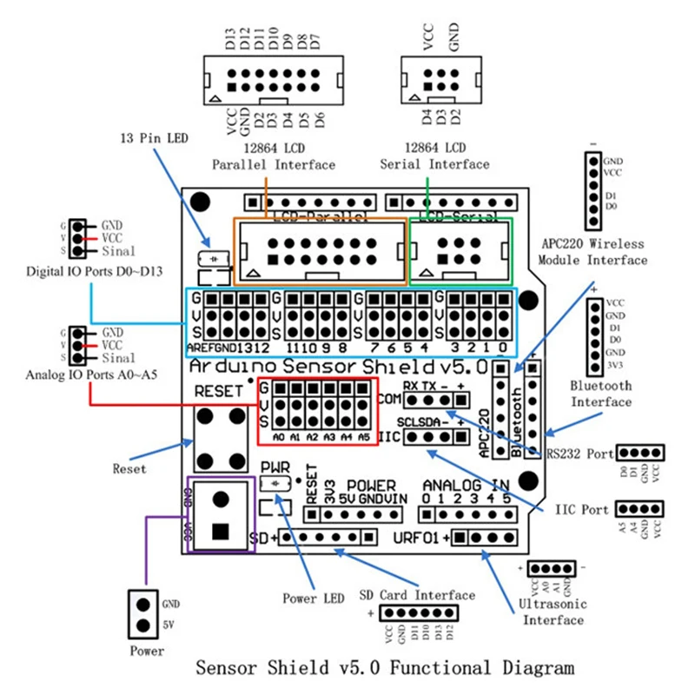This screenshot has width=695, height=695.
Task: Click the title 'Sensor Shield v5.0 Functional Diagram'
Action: (385, 668)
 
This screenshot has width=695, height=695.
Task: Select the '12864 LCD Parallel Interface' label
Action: (274, 156)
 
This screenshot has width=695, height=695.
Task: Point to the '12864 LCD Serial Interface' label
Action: (434, 156)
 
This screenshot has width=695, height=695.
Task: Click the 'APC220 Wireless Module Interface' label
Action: (593, 252)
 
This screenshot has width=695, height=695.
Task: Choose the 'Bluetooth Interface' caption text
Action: (601, 394)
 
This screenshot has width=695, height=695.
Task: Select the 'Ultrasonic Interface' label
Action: (553, 612)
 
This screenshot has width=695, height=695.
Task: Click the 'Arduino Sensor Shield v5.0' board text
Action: (344, 365)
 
